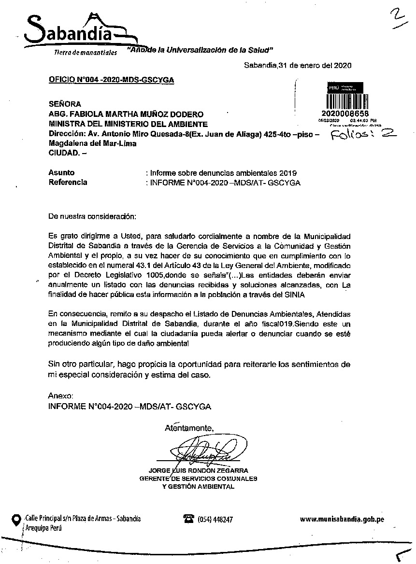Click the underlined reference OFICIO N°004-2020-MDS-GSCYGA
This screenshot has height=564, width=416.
click(x=111, y=80)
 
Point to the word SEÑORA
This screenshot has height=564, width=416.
click(x=65, y=104)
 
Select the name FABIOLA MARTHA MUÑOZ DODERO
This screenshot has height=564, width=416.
click(x=137, y=114)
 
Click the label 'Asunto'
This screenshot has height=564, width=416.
click(x=61, y=172)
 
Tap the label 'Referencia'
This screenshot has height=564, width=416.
click(x=68, y=182)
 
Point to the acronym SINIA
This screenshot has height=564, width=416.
click(x=295, y=294)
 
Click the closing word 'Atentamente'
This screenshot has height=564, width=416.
click(x=188, y=428)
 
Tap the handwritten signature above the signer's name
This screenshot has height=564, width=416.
click(x=205, y=451)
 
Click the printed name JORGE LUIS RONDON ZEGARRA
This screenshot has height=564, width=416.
click(x=199, y=470)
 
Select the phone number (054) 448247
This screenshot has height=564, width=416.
click(x=215, y=520)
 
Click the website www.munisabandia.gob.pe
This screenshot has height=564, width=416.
click(x=342, y=519)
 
